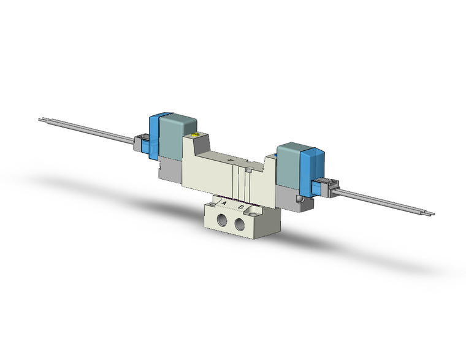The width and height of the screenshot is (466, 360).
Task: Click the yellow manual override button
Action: (196, 137)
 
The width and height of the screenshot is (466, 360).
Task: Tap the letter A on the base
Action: (224, 203)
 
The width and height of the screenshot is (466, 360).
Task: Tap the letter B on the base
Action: (241, 207)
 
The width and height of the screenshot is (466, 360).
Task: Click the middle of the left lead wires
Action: (89, 131)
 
